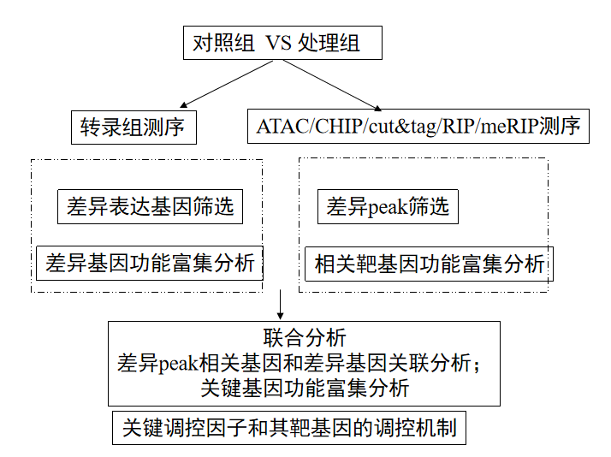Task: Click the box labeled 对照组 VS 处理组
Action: [282, 43]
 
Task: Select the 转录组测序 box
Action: [133, 128]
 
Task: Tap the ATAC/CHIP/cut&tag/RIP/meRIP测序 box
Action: [418, 128]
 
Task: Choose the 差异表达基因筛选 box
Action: [151, 207]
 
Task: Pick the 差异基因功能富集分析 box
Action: [151, 263]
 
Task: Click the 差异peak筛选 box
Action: [388, 207]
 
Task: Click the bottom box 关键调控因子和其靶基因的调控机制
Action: [289, 428]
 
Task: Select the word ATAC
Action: [279, 128]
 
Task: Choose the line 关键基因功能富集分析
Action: [305, 388]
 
